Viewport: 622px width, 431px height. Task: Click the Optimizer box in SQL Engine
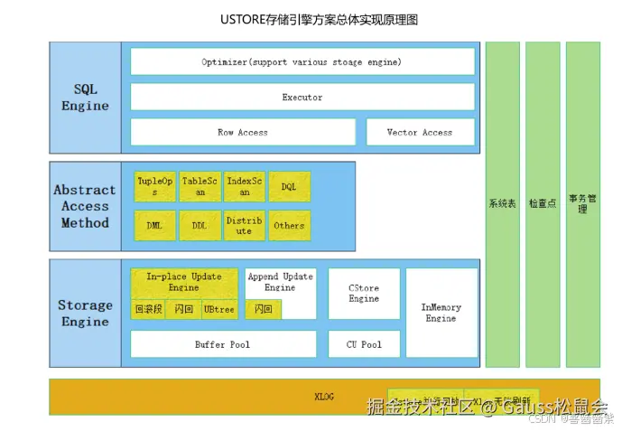(x=302, y=61)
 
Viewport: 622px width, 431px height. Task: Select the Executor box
(x=302, y=97)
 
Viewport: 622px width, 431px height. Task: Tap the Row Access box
(x=242, y=132)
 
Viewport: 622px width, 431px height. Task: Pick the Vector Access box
(x=420, y=132)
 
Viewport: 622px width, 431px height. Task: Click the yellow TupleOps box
(x=154, y=185)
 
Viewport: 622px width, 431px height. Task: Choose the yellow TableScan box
(x=200, y=185)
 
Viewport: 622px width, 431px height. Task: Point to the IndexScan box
(x=245, y=185)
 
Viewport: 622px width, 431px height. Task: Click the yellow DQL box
(x=289, y=185)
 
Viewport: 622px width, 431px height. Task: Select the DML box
(x=154, y=225)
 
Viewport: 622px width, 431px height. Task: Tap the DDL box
(x=200, y=225)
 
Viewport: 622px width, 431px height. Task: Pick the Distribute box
(x=245, y=225)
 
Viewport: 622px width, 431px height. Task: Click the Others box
(x=289, y=225)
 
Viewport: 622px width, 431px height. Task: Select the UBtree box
(x=219, y=309)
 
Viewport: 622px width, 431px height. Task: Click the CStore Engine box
(x=363, y=293)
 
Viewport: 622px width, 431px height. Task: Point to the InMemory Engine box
(x=441, y=312)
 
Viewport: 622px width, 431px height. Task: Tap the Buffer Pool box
(x=223, y=344)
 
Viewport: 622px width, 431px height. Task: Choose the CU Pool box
(x=363, y=344)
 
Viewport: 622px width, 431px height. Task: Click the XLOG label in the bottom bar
(x=323, y=397)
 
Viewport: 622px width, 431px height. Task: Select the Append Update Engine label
(x=280, y=282)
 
